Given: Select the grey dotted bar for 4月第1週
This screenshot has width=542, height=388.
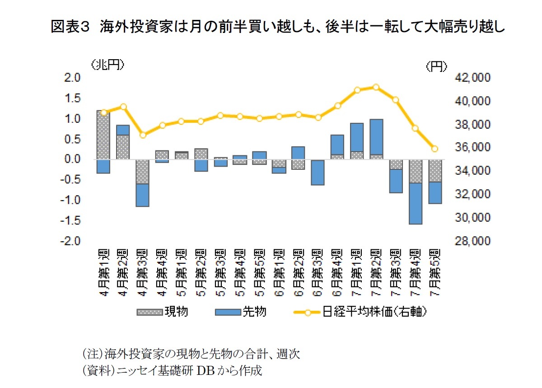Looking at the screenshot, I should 103,135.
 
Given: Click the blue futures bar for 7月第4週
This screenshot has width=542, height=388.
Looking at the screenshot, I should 415,203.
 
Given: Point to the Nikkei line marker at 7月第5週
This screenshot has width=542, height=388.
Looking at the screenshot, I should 435,149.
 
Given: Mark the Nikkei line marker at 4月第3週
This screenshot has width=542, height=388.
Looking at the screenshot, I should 143,135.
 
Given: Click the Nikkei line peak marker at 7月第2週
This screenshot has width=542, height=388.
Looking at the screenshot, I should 376,87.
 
